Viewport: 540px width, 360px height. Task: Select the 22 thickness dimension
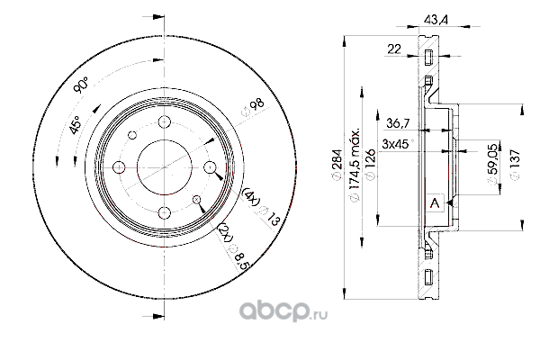click(x=392, y=49)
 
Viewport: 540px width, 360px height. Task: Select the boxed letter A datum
click(x=435, y=203)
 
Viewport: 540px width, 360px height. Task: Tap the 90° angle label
click(x=80, y=86)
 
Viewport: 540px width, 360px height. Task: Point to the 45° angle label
click(x=76, y=126)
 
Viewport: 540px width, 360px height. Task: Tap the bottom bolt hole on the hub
click(x=166, y=212)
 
